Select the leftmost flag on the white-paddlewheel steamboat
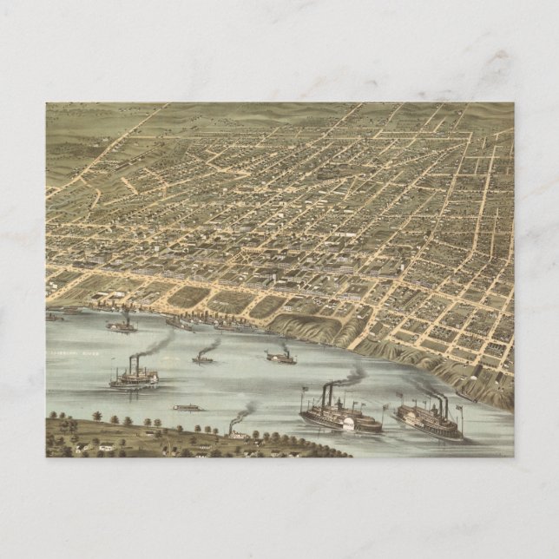tap(303, 389)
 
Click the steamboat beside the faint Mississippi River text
tap(133, 377)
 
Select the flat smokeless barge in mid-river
tap(187, 407)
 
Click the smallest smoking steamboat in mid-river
tap(202, 358)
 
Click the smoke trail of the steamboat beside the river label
tap(156, 345)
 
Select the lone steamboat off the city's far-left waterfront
tap(121, 326)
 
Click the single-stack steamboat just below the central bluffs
tap(279, 357)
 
